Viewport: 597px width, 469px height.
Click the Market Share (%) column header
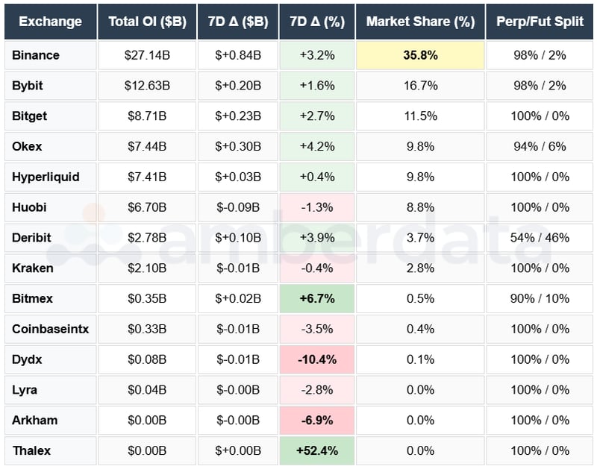pos(420,22)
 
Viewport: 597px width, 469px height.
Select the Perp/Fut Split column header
pos(540,22)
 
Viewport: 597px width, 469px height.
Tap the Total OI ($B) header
pos(147,22)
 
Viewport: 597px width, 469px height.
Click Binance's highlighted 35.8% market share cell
pos(420,55)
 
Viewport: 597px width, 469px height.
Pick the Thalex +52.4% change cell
pos(316,450)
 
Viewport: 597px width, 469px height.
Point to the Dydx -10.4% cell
pos(316,359)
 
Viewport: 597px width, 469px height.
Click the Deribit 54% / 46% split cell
pos(540,238)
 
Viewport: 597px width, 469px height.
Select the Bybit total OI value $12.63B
pos(147,86)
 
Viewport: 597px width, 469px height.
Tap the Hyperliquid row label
pos(46,177)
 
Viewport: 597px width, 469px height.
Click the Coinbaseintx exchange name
pos(50,329)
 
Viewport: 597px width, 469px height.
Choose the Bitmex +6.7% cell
pos(316,298)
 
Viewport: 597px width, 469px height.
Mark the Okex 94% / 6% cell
pos(540,146)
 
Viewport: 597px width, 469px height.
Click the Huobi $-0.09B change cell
pos(238,207)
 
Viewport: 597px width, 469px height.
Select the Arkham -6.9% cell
pos(316,420)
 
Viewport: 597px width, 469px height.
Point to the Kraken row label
pos(32,268)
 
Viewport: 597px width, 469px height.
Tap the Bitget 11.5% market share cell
pos(420,116)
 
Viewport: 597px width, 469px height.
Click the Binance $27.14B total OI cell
pos(147,55)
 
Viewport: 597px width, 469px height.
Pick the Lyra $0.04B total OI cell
pos(147,389)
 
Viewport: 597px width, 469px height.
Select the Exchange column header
pos(50,22)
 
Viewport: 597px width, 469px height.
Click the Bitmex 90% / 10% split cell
pos(540,298)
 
